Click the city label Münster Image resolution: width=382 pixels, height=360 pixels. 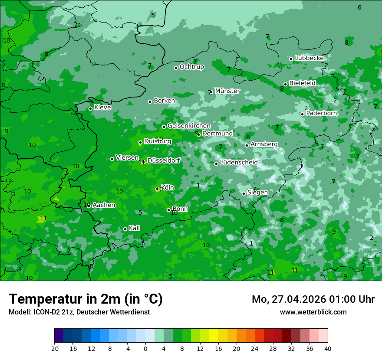click(x=227, y=91)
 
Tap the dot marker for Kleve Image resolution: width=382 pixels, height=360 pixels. click(x=90, y=108)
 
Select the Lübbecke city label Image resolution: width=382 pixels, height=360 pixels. click(x=309, y=58)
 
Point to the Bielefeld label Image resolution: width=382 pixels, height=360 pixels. click(x=302, y=83)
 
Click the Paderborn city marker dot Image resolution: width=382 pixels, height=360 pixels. click(x=302, y=114)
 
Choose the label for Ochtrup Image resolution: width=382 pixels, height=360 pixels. click(x=191, y=67)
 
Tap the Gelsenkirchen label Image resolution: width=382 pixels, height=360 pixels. click(x=189, y=126)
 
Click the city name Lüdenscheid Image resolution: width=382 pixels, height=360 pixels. click(x=239, y=163)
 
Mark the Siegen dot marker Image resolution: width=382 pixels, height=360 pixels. click(x=244, y=193)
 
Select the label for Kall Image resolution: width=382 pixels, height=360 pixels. click(x=134, y=228)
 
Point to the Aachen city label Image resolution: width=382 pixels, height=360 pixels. click(x=104, y=205)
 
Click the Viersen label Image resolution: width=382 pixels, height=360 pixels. click(x=127, y=158)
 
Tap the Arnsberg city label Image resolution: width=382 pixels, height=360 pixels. click(x=264, y=144)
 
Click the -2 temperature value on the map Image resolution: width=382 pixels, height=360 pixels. click(x=371, y=238)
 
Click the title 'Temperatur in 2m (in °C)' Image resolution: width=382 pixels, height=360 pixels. click(x=86, y=299)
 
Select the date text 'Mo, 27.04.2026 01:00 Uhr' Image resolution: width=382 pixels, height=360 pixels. click(x=313, y=299)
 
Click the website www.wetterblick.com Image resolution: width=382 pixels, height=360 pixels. click(x=313, y=312)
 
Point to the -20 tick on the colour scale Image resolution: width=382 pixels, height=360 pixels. click(x=54, y=348)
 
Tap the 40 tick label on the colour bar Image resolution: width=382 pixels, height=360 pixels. click(x=327, y=348)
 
